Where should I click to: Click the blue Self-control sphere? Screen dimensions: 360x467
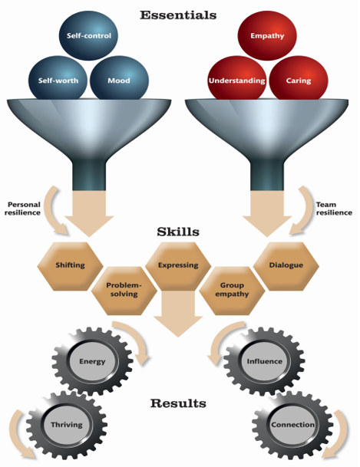88,35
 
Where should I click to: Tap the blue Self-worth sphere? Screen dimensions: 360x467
58,79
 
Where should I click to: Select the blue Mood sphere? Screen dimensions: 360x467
119,79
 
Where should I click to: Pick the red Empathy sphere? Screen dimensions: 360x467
267,35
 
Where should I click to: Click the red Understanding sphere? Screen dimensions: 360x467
237,79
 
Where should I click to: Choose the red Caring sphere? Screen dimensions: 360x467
299,79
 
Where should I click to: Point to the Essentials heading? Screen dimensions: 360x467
178,15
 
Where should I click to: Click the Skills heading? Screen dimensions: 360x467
178,232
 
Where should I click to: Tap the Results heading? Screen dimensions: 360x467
178,403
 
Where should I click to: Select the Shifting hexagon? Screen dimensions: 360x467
71,266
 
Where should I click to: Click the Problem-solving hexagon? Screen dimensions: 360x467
124,291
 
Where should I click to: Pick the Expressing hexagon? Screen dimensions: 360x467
178,266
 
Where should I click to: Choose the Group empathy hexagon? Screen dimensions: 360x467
232,291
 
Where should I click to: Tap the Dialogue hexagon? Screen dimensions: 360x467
286,266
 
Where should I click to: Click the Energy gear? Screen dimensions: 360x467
92,361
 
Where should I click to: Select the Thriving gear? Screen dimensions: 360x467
67,425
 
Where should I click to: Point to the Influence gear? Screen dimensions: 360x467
264,361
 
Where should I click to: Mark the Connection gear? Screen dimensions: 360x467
292,425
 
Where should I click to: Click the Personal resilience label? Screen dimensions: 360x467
23,209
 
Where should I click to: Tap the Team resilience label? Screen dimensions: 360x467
334,209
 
